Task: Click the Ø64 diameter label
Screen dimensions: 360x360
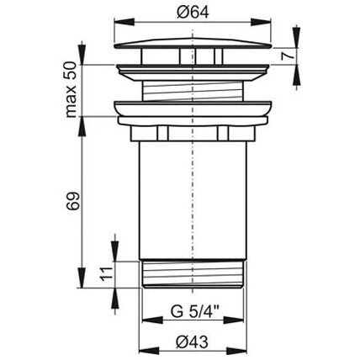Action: pos(193,12)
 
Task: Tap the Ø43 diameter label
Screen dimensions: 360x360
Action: pos(193,342)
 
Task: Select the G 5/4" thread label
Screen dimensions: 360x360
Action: pos(195,311)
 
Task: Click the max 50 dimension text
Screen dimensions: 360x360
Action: pos(70,89)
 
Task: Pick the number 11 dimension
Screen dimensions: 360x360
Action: pos(107,274)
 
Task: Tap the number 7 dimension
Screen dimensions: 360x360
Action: pos(289,56)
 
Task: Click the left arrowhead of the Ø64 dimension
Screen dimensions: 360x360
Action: pos(124,22)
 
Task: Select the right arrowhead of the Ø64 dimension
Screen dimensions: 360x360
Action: pos(262,22)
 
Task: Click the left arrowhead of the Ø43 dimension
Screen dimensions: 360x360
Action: pos(150,350)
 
